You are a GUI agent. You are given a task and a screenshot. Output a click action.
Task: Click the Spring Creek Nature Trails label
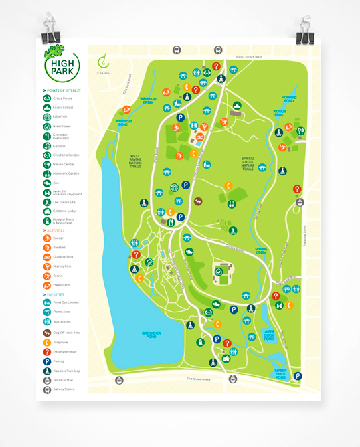click(252, 163)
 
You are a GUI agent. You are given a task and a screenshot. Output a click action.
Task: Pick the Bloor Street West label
click(249, 58)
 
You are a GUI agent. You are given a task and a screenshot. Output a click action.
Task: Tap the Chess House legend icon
click(47, 98)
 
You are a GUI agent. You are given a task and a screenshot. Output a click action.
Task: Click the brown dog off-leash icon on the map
click(198, 201)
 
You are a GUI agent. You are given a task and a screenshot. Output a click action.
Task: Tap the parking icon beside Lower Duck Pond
click(298, 376)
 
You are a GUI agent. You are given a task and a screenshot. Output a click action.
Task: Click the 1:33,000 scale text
click(104, 72)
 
